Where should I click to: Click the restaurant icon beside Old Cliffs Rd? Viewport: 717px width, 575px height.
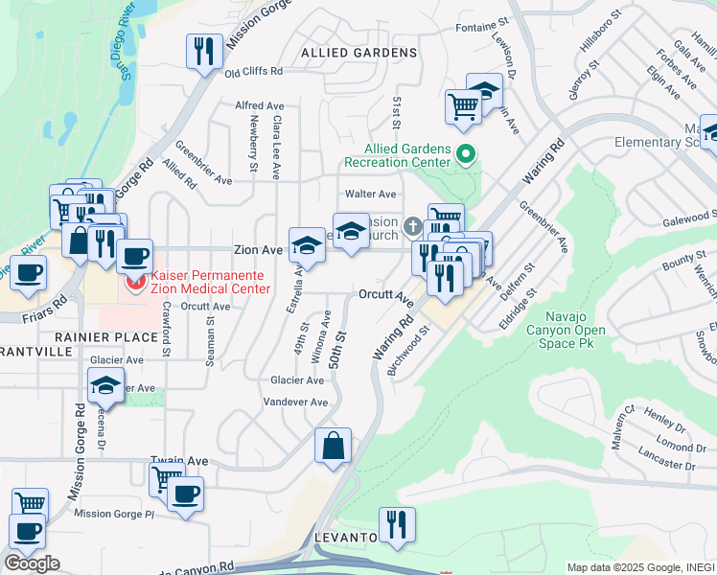click(203, 51)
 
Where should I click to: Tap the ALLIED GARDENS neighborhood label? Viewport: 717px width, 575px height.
click(358, 52)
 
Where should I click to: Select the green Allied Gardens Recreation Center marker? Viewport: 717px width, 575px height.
click(465, 153)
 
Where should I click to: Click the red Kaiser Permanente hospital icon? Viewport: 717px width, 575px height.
click(136, 282)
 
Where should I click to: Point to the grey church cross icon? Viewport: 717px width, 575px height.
click(412, 227)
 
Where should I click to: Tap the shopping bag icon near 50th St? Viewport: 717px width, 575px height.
click(332, 446)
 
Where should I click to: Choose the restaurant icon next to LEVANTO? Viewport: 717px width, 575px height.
click(396, 524)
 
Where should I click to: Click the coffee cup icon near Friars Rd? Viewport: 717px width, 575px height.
click(28, 271)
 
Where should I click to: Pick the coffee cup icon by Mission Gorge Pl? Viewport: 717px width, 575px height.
click(185, 494)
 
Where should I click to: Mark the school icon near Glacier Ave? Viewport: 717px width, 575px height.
click(105, 386)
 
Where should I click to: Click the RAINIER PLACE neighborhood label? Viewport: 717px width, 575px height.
click(105, 337)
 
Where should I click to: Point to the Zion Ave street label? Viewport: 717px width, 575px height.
click(259, 249)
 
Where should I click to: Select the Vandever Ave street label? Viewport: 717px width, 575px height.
click(295, 402)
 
